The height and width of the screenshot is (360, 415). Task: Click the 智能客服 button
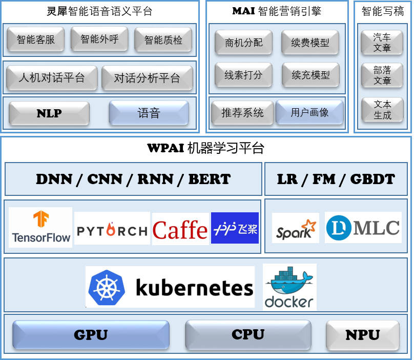click(x=35, y=39)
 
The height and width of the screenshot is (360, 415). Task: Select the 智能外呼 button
click(x=99, y=39)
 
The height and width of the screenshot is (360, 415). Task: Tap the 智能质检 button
click(x=163, y=40)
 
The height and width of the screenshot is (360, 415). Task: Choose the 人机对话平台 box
click(x=51, y=78)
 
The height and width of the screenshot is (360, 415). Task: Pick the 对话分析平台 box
click(x=147, y=78)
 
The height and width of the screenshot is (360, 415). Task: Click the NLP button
click(x=49, y=113)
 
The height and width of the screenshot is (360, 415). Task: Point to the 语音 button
click(x=149, y=113)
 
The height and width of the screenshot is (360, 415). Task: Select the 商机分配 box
click(x=243, y=43)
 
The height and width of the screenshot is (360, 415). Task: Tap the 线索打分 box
click(x=243, y=75)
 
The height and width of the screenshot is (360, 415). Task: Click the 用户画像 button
click(x=309, y=112)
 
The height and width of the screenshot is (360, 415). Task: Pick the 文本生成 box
click(x=382, y=110)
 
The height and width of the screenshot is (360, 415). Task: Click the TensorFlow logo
click(x=40, y=227)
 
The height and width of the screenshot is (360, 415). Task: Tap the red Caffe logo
click(x=180, y=230)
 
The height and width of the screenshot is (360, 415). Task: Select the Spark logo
click(x=296, y=229)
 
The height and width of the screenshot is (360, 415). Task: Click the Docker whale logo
click(x=289, y=287)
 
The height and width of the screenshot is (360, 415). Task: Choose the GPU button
click(x=91, y=335)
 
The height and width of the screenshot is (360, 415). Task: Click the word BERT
click(x=210, y=179)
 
